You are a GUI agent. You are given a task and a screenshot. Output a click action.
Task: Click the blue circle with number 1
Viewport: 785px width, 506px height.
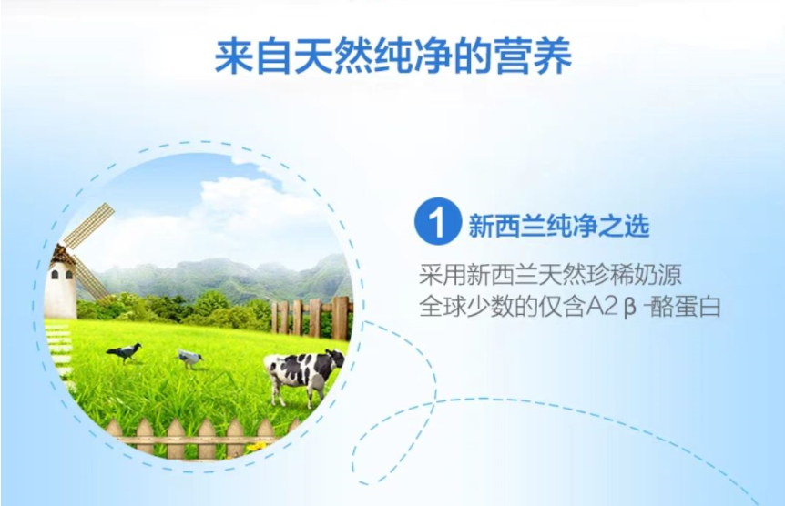pyautogui.click(x=437, y=221)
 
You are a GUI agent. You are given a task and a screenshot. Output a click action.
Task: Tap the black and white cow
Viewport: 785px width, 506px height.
pyautogui.click(x=303, y=375)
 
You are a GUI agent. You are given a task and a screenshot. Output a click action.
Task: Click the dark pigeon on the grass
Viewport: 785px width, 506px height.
pyautogui.click(x=124, y=352)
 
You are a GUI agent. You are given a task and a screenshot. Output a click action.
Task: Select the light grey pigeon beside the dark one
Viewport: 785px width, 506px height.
pyautogui.click(x=190, y=359)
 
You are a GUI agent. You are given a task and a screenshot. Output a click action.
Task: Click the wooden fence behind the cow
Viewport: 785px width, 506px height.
pyautogui.click(x=311, y=317)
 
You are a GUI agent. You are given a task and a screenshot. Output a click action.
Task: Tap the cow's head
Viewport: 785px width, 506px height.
pyautogui.click(x=335, y=358)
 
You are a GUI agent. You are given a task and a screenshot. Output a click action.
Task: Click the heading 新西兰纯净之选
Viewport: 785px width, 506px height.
pyautogui.click(x=559, y=226)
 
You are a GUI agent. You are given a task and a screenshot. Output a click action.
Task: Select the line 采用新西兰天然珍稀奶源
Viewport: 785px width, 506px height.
pyautogui.click(x=550, y=274)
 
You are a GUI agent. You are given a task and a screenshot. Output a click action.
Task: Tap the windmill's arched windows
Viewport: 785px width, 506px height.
pyautogui.click(x=62, y=274)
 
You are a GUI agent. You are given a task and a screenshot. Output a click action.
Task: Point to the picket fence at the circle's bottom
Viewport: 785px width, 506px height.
pyautogui.click(x=200, y=438)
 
